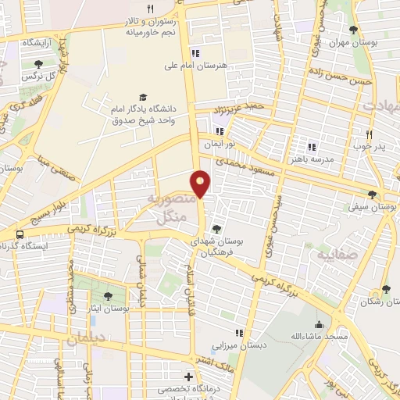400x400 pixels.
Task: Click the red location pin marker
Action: (201, 184)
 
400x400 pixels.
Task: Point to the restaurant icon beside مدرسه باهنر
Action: (311, 146)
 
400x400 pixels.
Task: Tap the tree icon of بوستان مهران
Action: (355, 30)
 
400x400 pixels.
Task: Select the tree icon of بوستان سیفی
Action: (371, 195)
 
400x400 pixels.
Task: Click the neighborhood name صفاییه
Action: (337, 255)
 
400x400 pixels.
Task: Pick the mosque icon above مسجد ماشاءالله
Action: (318, 324)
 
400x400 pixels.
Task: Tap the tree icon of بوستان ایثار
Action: (107, 295)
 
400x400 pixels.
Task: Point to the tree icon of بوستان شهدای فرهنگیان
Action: (216, 228)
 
